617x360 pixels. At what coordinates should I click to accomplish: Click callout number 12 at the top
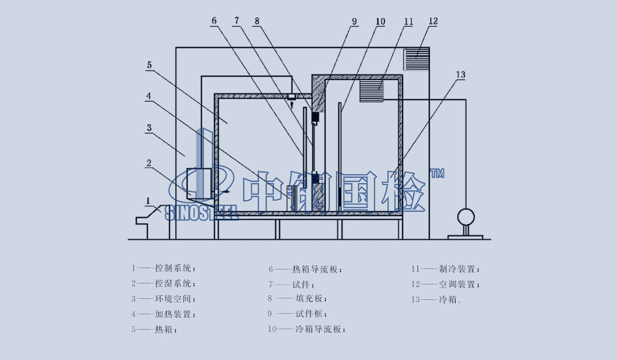pos(432,21)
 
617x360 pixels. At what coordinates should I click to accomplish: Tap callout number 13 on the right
pos(460,75)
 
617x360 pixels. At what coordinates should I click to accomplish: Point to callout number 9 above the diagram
pos(354,21)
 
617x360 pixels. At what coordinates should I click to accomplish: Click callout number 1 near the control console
pos(148,200)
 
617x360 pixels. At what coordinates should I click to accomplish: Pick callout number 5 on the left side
pos(149,65)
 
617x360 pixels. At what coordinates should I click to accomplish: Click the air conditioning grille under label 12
pos(416,60)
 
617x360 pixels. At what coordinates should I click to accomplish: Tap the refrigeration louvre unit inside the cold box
pos(371,91)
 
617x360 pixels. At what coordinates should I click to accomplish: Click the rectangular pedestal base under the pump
pos(465,237)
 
